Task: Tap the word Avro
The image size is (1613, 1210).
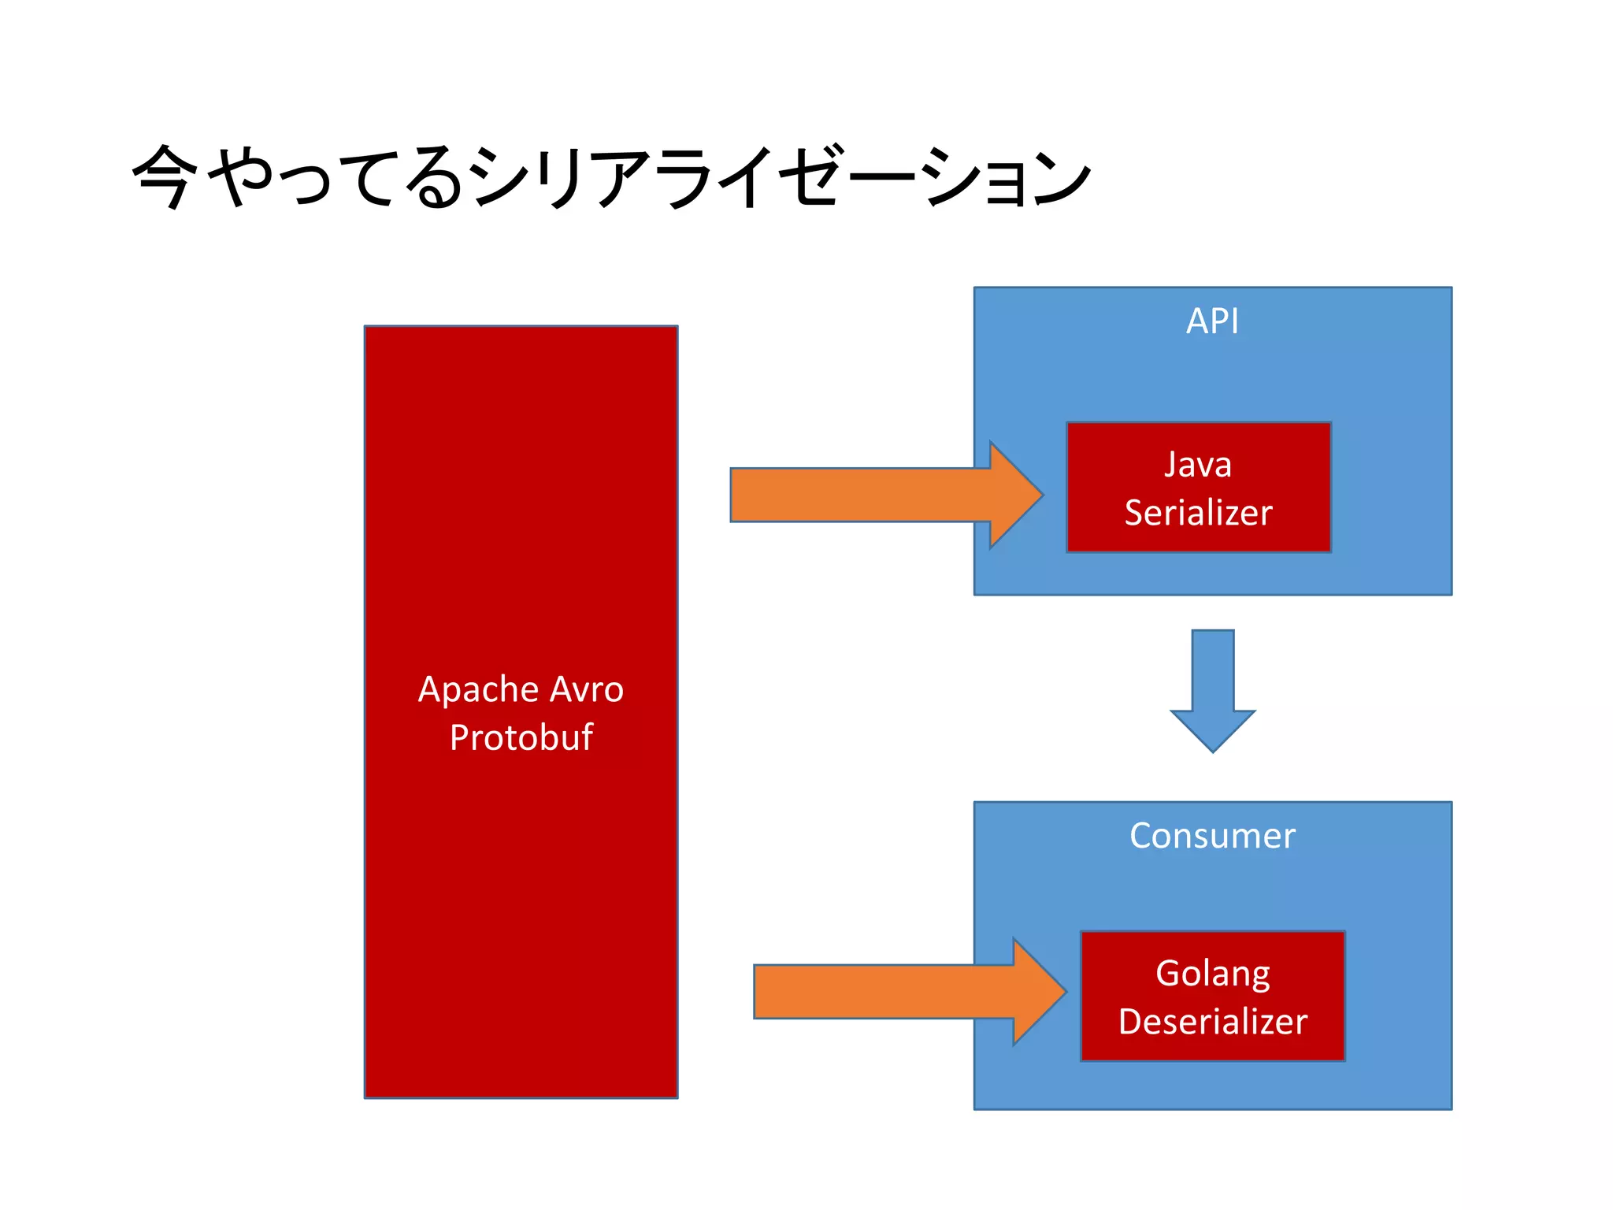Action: tap(587, 690)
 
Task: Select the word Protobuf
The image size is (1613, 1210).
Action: tap(521, 738)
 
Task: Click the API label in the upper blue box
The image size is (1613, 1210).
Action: tap(1212, 321)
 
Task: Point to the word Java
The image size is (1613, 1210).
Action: tap(1198, 465)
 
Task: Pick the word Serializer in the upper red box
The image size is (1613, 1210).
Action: tap(1198, 513)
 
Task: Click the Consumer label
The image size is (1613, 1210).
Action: tap(1212, 836)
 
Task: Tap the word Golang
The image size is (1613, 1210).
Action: tap(1212, 974)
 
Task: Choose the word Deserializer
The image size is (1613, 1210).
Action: tap(1212, 1023)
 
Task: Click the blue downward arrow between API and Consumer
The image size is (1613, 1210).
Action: tap(1212, 685)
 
